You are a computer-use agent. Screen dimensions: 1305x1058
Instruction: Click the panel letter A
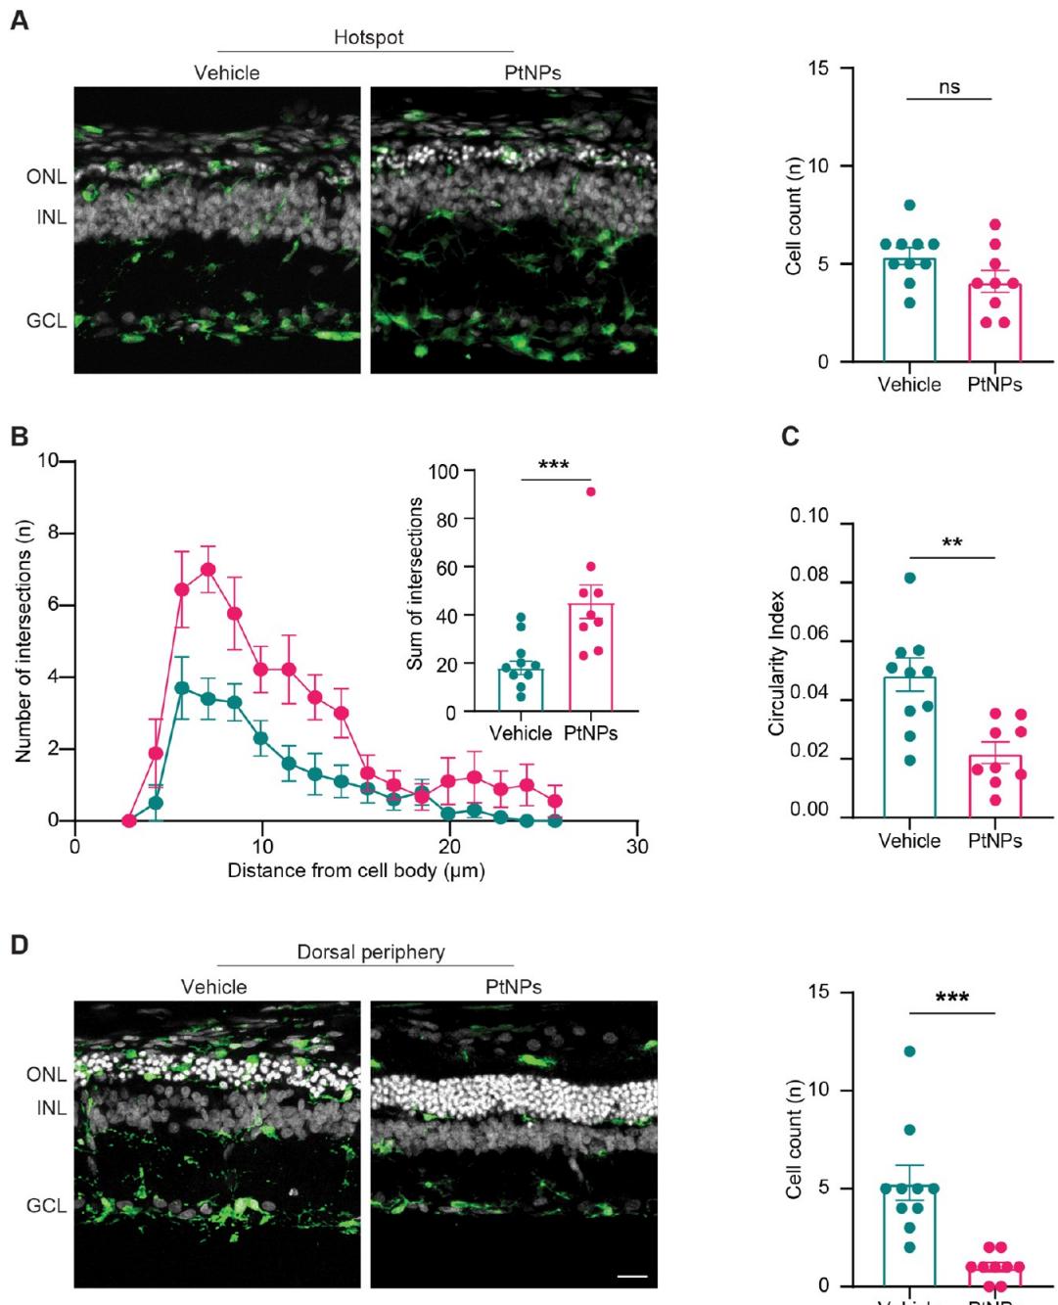coord(19,21)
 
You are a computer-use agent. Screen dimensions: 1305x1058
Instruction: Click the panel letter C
coord(791,437)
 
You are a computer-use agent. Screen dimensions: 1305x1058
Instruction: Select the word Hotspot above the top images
coord(368,37)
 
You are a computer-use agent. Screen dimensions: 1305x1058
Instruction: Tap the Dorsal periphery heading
coord(371,952)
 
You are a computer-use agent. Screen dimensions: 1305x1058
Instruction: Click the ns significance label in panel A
coord(949,87)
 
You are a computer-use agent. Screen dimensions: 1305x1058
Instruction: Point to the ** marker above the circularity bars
coord(951,543)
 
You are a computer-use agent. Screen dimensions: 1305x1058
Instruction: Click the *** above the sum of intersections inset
coord(554,465)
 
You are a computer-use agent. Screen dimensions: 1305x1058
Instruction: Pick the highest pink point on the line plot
coord(207,569)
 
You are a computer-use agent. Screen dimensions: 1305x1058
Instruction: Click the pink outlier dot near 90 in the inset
coord(590,491)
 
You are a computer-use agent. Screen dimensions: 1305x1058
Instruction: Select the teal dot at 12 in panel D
coord(910,1051)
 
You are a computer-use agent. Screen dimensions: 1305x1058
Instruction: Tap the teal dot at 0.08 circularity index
coord(910,578)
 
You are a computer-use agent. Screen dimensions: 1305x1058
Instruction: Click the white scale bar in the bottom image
coord(633,1277)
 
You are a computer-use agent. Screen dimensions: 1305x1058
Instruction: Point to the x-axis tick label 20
coord(449,846)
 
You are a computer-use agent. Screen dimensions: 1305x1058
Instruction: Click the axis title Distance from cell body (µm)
coord(356,870)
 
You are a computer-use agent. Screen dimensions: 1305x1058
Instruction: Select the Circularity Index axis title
coord(777,663)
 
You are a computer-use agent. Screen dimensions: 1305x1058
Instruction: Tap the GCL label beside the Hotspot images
coord(46,321)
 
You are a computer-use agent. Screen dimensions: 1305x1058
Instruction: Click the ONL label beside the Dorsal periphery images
coord(46,1074)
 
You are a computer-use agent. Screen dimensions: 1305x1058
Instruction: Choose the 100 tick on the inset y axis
coord(443,472)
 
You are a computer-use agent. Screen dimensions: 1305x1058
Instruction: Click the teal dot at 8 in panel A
coord(910,206)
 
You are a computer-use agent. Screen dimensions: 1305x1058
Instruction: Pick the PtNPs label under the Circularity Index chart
coord(994,840)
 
